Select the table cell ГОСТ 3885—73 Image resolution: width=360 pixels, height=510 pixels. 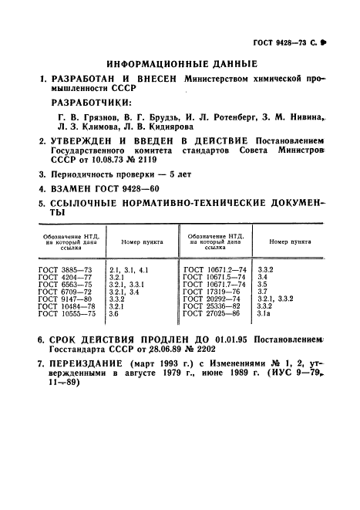click(64, 269)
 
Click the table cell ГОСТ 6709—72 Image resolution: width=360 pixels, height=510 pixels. click(64, 292)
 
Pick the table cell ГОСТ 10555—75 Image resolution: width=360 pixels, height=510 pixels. click(66, 315)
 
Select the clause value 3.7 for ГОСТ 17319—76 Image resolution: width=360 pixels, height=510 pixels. click(261, 292)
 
